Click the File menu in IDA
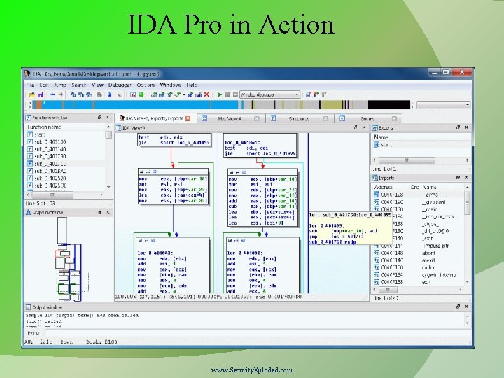tap(30, 85)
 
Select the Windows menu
tap(170, 85)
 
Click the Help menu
tap(192, 85)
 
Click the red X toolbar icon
tap(206, 94)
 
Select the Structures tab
tap(299, 119)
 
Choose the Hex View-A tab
tap(230, 119)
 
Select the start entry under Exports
tap(386, 145)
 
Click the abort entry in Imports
tap(428, 253)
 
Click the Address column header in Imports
tap(384, 187)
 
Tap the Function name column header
tap(44, 127)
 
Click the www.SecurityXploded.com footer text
tap(253, 370)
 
